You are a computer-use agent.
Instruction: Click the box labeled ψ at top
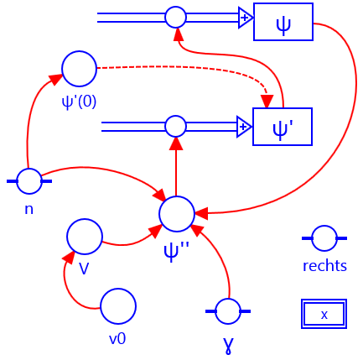(283, 22)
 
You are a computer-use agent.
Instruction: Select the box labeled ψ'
(283, 127)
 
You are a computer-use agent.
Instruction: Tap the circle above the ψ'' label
(176, 213)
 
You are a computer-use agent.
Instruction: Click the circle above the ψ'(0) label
(79, 68)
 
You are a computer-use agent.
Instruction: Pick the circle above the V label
(85, 237)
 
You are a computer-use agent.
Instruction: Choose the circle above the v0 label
(117, 306)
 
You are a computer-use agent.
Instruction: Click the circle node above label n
(29, 180)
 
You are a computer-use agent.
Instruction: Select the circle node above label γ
(227, 311)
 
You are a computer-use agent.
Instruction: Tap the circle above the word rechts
(324, 238)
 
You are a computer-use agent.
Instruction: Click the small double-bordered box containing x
(324, 314)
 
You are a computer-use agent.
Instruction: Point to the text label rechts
(324, 266)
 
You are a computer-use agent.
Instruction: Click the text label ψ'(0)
(79, 101)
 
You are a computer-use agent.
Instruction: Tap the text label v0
(117, 338)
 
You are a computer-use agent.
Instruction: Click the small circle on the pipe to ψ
(175, 17)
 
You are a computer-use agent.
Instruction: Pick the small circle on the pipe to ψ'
(175, 127)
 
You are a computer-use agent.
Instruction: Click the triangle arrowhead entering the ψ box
(245, 17)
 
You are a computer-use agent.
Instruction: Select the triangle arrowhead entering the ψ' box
(244, 127)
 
